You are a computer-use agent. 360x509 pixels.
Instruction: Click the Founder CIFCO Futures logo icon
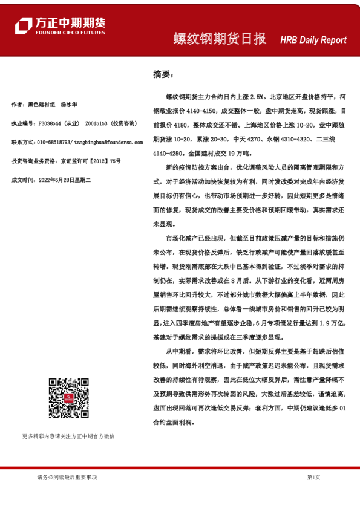click(x=24, y=25)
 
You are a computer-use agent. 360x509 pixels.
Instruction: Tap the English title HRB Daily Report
click(x=313, y=40)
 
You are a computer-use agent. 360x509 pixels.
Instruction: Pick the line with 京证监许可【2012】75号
click(x=91, y=161)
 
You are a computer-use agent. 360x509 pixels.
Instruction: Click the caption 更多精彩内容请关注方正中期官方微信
click(x=68, y=436)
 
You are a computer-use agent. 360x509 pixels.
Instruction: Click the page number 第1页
click(x=313, y=478)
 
